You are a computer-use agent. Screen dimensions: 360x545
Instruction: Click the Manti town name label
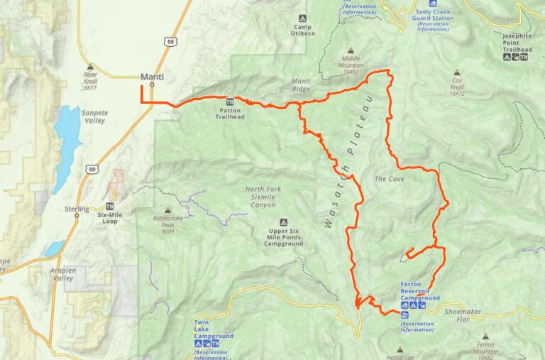[152, 77]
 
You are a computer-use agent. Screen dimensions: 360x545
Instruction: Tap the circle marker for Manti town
[152, 86]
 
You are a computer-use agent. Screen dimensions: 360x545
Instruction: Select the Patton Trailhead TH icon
[230, 100]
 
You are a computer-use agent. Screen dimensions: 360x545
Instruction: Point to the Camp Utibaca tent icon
[302, 18]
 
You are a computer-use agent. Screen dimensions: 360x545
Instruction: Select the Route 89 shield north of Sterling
[92, 168]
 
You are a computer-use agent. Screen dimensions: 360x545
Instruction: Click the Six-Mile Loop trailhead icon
[110, 206]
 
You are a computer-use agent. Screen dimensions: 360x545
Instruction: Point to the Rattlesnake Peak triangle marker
[167, 210]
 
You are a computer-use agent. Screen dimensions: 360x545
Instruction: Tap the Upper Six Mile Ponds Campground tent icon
[283, 222]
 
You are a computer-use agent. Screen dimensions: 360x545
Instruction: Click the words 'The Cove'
[389, 179]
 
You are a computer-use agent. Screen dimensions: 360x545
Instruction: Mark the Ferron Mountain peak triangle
[485, 337]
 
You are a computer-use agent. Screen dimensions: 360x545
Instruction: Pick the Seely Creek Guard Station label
[432, 14]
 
